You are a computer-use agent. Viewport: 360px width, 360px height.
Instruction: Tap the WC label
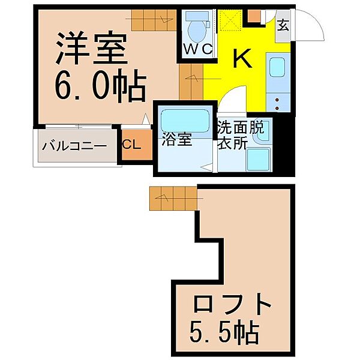point(198,49)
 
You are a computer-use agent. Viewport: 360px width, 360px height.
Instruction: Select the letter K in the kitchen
point(242,58)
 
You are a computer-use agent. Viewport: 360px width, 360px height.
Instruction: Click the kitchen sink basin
point(277,67)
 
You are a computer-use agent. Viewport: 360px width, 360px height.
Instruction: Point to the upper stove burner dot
point(277,100)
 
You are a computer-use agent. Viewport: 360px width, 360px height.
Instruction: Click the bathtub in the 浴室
point(185,121)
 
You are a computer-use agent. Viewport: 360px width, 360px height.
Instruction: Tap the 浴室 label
point(177,139)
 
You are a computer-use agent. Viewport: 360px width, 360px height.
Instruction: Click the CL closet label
point(131,145)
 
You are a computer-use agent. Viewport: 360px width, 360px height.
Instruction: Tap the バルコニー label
point(74,146)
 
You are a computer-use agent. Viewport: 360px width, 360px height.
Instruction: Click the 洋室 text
point(92,48)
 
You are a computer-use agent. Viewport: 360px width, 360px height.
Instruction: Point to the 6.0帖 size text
point(100,86)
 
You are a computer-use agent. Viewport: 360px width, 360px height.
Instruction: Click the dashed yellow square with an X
point(230,20)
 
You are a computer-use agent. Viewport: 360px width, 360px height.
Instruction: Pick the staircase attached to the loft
point(173,198)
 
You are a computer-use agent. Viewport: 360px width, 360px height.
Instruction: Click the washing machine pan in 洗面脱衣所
point(258,160)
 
